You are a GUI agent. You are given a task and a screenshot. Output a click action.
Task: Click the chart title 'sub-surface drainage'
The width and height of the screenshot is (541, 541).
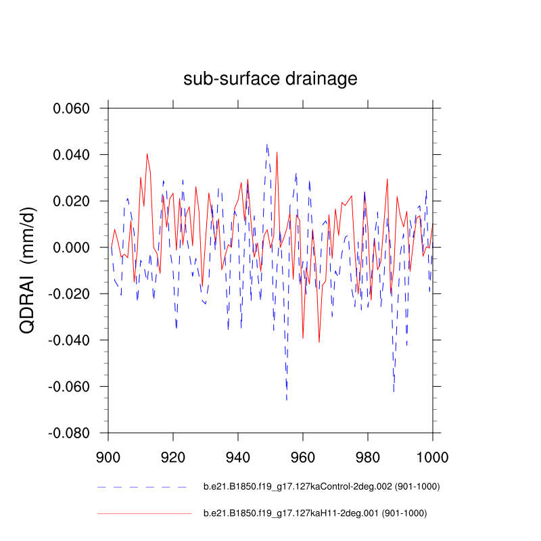(270, 79)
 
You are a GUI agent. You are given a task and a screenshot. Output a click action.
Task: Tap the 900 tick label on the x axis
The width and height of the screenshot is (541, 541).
(108, 456)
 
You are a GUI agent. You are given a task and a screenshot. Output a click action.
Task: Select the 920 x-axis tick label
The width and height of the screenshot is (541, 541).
(173, 456)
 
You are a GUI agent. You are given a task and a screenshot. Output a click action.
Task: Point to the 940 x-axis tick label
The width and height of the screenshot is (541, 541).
(238, 456)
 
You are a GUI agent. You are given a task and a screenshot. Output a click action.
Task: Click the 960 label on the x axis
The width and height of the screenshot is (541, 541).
(303, 456)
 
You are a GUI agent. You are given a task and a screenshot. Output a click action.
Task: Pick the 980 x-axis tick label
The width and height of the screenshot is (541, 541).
(368, 456)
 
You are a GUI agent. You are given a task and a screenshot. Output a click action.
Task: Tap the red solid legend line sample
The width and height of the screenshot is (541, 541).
(144, 514)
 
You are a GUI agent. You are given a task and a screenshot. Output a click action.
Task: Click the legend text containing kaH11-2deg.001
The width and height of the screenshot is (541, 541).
(315, 514)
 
